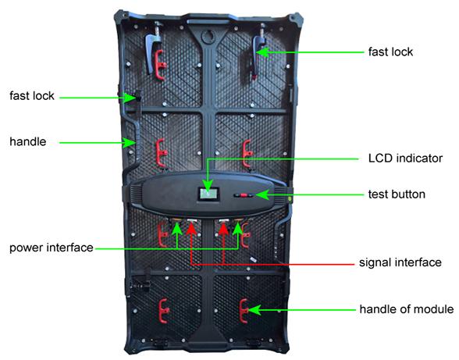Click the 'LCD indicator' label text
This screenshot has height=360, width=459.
[x=405, y=159]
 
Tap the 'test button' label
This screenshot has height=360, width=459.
[x=397, y=194]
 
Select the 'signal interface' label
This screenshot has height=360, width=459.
[x=400, y=262]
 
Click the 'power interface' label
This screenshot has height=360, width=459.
[x=52, y=248]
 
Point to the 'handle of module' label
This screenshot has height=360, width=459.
[x=407, y=309]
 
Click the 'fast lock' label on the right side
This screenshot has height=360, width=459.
[x=390, y=52]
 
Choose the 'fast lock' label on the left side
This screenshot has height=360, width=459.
[x=31, y=96]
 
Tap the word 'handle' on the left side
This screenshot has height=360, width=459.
[x=28, y=142]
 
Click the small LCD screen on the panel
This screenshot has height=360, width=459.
[x=208, y=194]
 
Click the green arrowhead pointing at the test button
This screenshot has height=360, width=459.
[x=262, y=194]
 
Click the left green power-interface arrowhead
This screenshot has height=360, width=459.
[x=177, y=229]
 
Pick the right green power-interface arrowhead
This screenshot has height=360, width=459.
[x=238, y=229]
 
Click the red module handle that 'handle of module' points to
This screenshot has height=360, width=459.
[x=244, y=311]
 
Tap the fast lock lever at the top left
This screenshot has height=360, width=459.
[x=152, y=50]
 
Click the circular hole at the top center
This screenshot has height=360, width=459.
[x=208, y=37]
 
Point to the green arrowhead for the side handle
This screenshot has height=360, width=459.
[x=128, y=143]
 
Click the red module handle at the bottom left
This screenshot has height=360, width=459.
[x=163, y=311]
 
